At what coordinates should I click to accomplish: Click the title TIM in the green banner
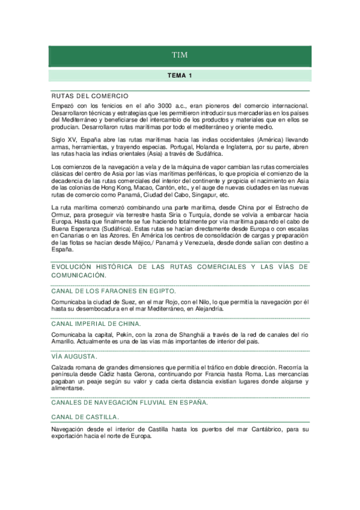click(x=180, y=55)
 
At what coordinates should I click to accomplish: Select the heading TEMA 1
click(x=180, y=76)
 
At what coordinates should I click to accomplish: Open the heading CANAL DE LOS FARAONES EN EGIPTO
click(x=113, y=290)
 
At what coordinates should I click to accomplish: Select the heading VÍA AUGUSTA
click(x=74, y=356)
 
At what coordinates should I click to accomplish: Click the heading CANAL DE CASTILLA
click(x=85, y=417)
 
